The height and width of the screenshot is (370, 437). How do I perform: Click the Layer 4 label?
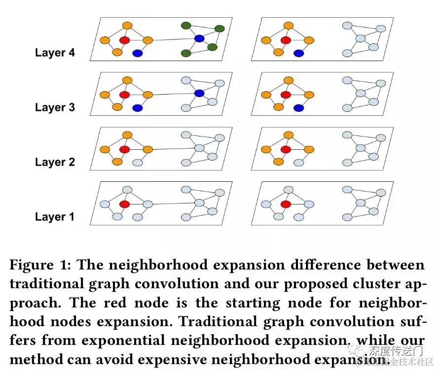click(55, 53)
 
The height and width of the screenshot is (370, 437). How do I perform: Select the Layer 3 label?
click(55, 107)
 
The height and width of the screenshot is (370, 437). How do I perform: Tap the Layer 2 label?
click(55, 162)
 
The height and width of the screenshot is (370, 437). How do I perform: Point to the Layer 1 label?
click(55, 217)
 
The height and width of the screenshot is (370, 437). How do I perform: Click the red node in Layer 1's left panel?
click(124, 204)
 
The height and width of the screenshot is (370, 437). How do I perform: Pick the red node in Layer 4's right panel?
click(285, 40)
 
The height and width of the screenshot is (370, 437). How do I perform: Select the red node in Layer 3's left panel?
click(124, 94)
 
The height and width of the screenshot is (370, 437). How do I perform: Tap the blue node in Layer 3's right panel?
click(298, 108)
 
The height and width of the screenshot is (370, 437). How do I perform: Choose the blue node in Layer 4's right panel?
click(298, 53)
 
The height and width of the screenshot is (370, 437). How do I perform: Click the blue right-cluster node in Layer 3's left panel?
click(199, 93)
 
